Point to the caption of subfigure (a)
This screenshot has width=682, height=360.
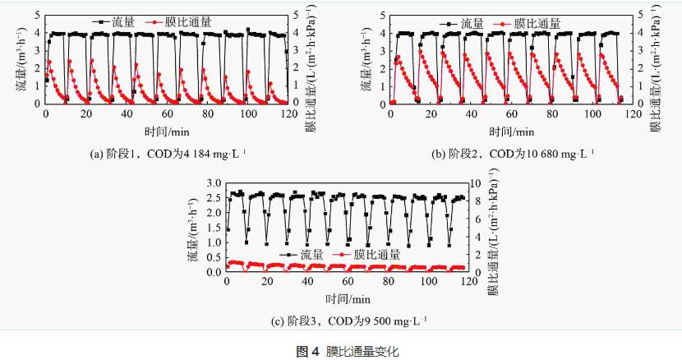pos(165,154)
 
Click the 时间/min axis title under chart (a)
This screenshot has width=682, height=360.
pos(167,131)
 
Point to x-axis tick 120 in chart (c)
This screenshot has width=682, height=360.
pos(468,282)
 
